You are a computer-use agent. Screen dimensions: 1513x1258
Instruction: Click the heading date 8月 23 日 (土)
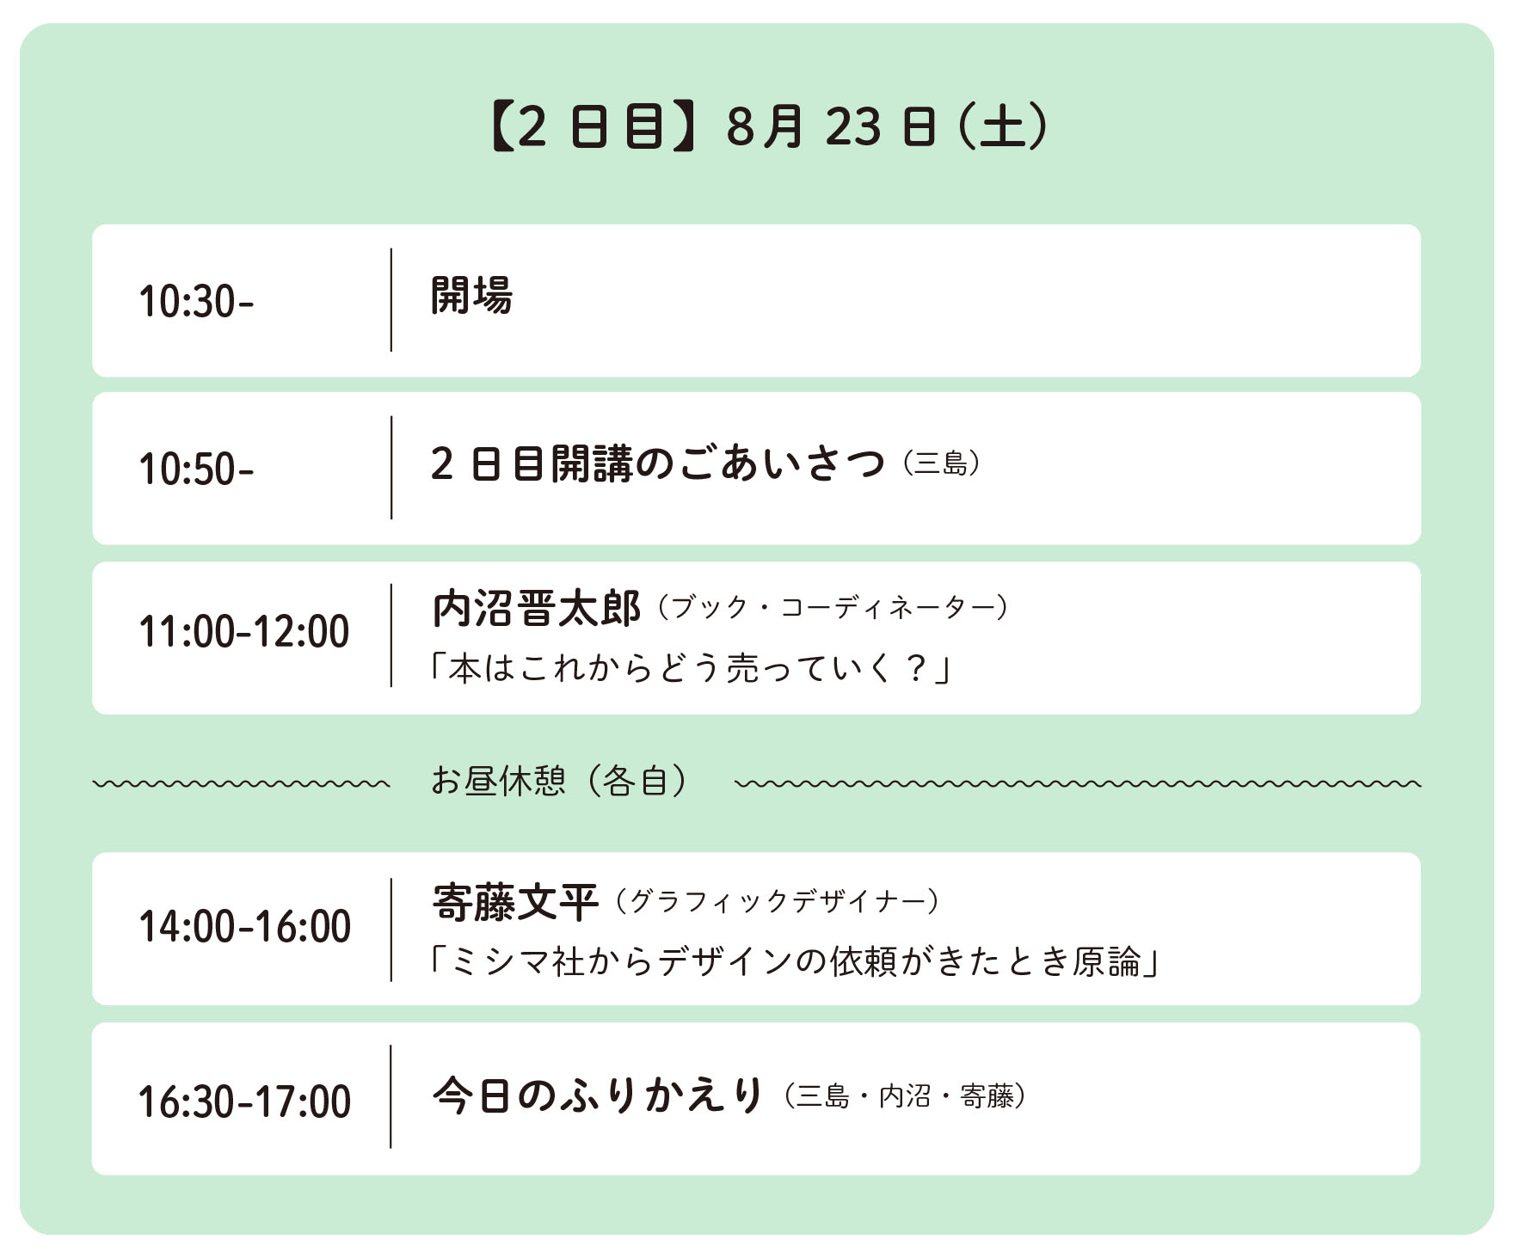(x=888, y=127)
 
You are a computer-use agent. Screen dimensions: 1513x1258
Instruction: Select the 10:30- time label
(x=196, y=302)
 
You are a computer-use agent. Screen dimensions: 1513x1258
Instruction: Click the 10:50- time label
(x=196, y=469)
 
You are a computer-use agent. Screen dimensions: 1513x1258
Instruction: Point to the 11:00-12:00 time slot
(x=244, y=631)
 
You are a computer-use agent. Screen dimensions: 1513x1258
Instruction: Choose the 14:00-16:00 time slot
(x=245, y=927)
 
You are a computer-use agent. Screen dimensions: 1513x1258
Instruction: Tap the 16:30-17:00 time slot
(x=245, y=1102)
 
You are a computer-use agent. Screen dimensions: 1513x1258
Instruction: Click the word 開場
(x=471, y=296)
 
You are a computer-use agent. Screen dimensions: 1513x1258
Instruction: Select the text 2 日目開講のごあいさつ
(x=657, y=463)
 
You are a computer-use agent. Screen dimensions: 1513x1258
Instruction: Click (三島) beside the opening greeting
(x=942, y=464)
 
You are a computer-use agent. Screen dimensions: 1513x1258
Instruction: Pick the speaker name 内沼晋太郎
(x=537, y=609)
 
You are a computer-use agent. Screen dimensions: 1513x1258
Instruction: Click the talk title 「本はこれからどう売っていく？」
(x=690, y=668)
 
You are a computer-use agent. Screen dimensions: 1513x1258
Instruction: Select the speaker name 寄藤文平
(x=515, y=903)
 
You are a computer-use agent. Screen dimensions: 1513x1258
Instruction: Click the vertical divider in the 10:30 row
(x=391, y=300)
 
